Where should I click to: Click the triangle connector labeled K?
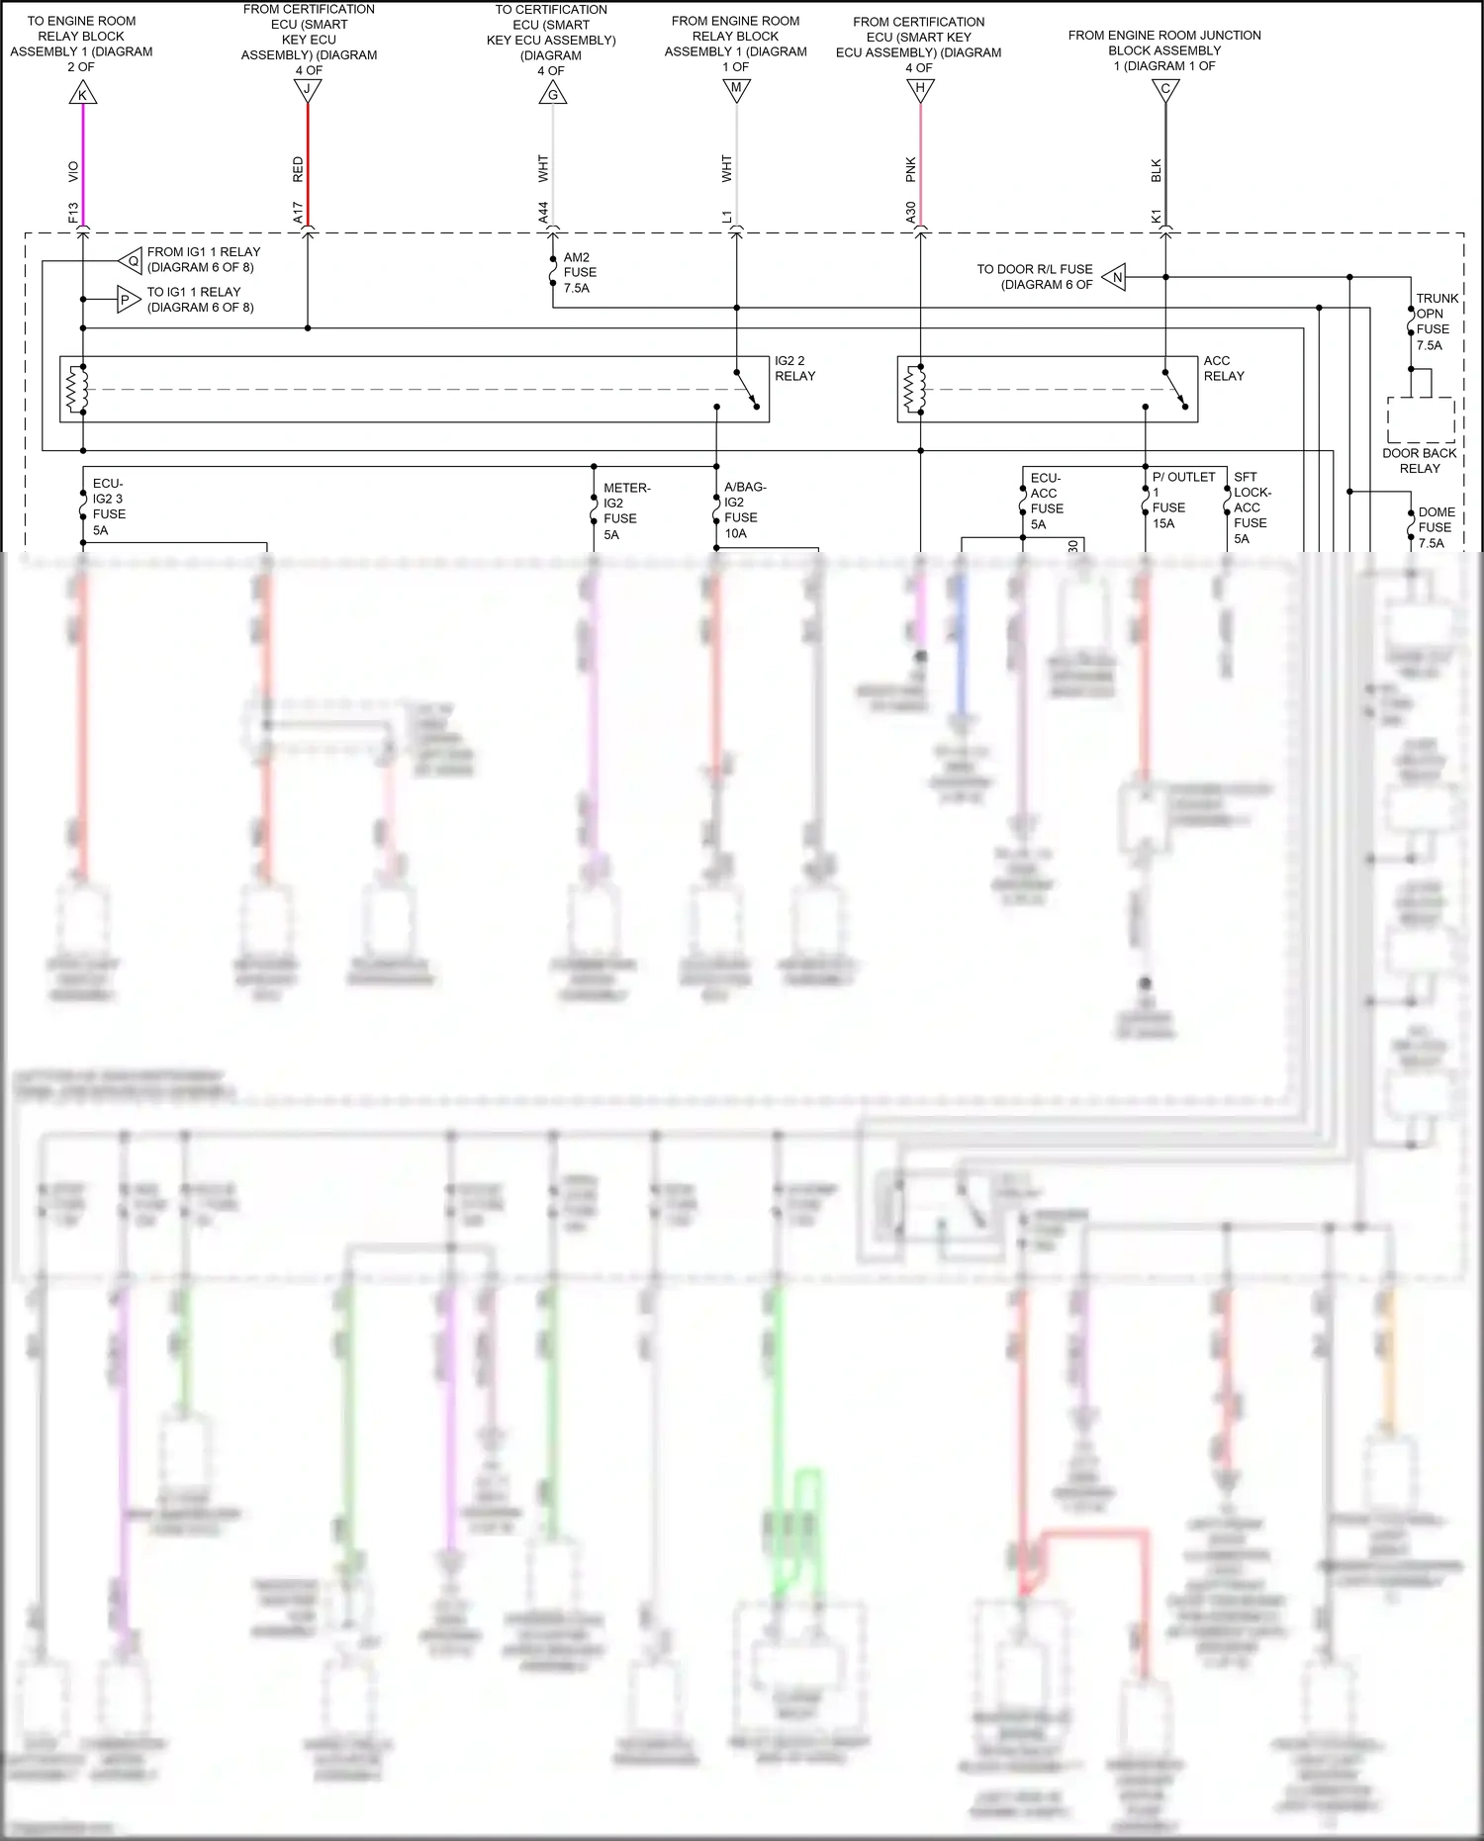pyautogui.click(x=83, y=95)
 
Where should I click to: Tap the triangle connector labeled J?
pyautogui.click(x=308, y=90)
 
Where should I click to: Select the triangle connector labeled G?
pyautogui.click(x=553, y=95)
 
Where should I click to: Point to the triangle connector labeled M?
pyautogui.click(x=736, y=90)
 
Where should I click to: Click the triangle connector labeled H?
pyautogui.click(x=920, y=90)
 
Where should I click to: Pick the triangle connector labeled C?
pyautogui.click(x=1165, y=90)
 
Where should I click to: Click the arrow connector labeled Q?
pyautogui.click(x=132, y=261)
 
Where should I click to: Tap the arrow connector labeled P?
pyautogui.click(x=127, y=300)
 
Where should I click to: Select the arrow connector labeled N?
pyautogui.click(x=1115, y=277)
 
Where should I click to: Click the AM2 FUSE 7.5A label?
pyautogui.click(x=579, y=272)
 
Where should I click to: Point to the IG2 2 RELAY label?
pyautogui.click(x=794, y=368)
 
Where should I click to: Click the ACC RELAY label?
pyautogui.click(x=1224, y=368)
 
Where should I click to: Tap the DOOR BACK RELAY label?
pyautogui.click(x=1419, y=460)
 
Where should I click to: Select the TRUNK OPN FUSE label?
pyautogui.click(x=1436, y=322)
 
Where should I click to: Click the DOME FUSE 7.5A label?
pyautogui.click(x=1436, y=527)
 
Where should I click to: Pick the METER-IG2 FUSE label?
pyautogui.click(x=625, y=510)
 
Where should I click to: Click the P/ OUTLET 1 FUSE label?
pyautogui.click(x=1182, y=500)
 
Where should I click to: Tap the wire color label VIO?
pyautogui.click(x=73, y=171)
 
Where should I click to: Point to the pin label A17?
pyautogui.click(x=298, y=212)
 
